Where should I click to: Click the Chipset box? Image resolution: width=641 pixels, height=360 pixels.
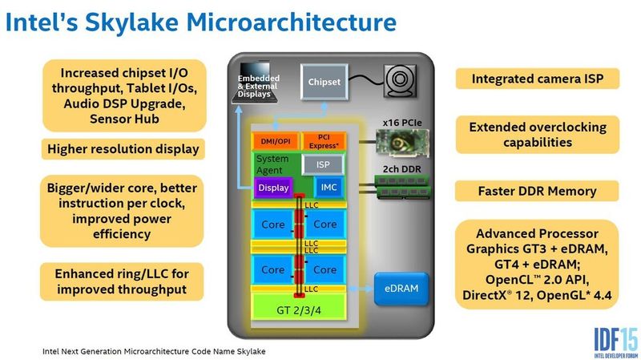point(324,82)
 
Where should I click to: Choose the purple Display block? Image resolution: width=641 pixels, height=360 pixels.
point(272,188)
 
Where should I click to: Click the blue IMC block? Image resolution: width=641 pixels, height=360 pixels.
point(329,188)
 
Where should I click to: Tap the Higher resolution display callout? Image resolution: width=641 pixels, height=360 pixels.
point(123,149)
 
